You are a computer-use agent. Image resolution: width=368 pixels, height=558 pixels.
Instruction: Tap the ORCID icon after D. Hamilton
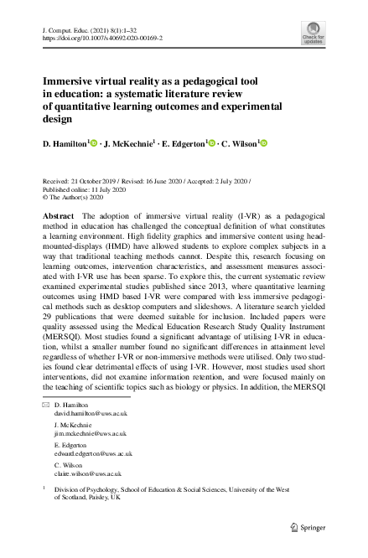95,144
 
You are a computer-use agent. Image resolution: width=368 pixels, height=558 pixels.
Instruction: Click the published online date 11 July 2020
103,190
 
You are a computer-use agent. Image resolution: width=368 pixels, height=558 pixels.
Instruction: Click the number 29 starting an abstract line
46,327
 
